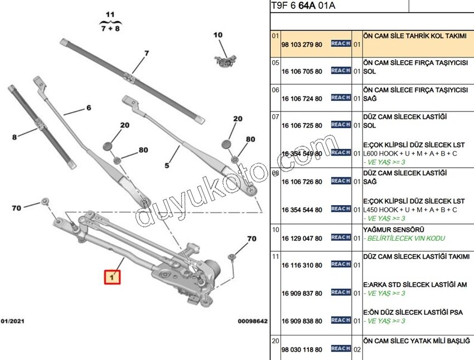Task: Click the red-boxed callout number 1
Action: coord(112,276)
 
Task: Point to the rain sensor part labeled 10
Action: coord(225,59)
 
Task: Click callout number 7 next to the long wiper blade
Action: coord(147,53)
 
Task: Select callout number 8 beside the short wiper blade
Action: coord(14,135)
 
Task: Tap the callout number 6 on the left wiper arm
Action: coord(88,108)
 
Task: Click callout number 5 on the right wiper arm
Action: coord(166,164)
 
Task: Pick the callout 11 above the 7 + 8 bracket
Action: coord(110,14)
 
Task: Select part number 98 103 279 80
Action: coord(302,45)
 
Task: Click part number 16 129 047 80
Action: coord(302,239)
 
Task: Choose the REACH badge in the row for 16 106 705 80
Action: coord(340,71)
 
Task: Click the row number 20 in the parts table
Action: coord(275,340)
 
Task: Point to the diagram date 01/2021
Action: coord(12,321)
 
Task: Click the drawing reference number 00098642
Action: coord(253,321)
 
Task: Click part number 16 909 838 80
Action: coord(302,322)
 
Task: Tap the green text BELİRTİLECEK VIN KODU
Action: coord(398,239)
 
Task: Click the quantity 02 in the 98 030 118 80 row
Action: coord(357,349)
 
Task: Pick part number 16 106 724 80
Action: coord(302,99)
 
